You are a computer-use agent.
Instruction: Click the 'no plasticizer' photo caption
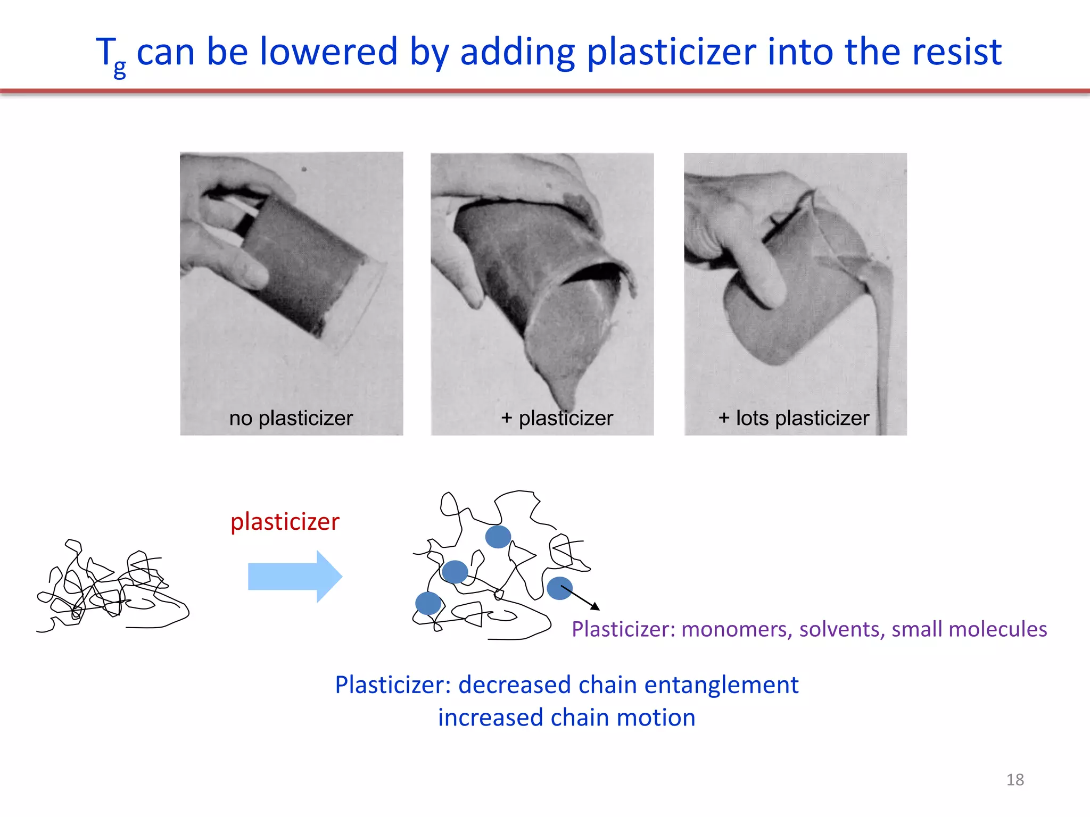(x=291, y=418)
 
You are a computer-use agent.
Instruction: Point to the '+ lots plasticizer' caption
(x=794, y=418)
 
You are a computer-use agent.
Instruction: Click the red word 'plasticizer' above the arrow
(x=285, y=521)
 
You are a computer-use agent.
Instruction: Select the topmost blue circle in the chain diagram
(x=498, y=537)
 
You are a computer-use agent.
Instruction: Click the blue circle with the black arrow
(x=559, y=588)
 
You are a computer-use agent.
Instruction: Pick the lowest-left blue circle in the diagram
(x=428, y=603)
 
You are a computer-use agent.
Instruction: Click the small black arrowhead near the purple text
(x=596, y=607)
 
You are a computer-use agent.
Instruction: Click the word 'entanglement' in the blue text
(x=721, y=685)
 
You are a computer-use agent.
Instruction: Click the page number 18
(x=1015, y=780)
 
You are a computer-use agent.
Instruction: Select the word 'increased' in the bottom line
(x=490, y=718)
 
